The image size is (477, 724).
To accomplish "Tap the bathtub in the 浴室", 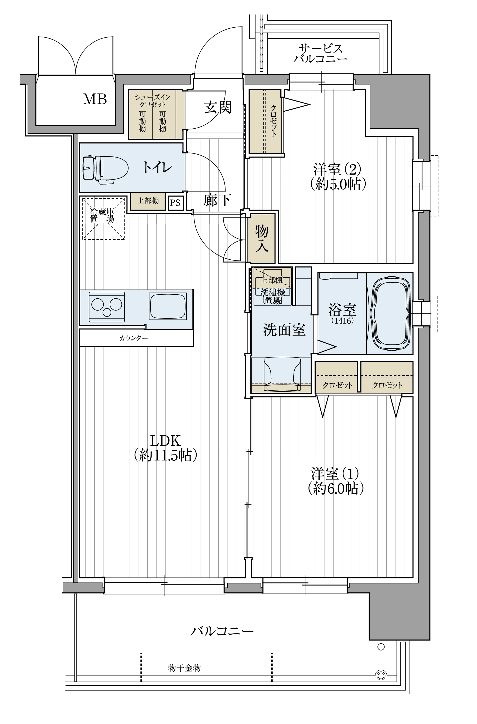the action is pyautogui.click(x=391, y=313).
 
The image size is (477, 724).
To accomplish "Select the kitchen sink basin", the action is pyautogui.click(x=168, y=306).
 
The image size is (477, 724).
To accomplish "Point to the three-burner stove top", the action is pyautogui.click(x=107, y=307).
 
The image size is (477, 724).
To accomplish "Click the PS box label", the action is pyautogui.click(x=175, y=202).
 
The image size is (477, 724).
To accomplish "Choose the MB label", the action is pyautogui.click(x=95, y=99).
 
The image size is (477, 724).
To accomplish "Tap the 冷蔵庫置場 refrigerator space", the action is pyautogui.click(x=103, y=218).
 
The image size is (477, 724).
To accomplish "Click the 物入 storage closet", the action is pyautogui.click(x=261, y=238).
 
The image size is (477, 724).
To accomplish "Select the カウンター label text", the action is pyautogui.click(x=134, y=338).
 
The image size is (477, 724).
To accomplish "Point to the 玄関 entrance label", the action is pyautogui.click(x=218, y=107).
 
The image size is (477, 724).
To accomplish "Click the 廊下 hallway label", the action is pyautogui.click(x=217, y=200).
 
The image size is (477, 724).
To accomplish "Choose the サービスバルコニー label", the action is pyautogui.click(x=320, y=53).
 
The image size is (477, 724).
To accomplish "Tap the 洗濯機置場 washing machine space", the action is pyautogui.click(x=273, y=296).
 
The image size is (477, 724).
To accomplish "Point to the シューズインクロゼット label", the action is pyautogui.click(x=152, y=101).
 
